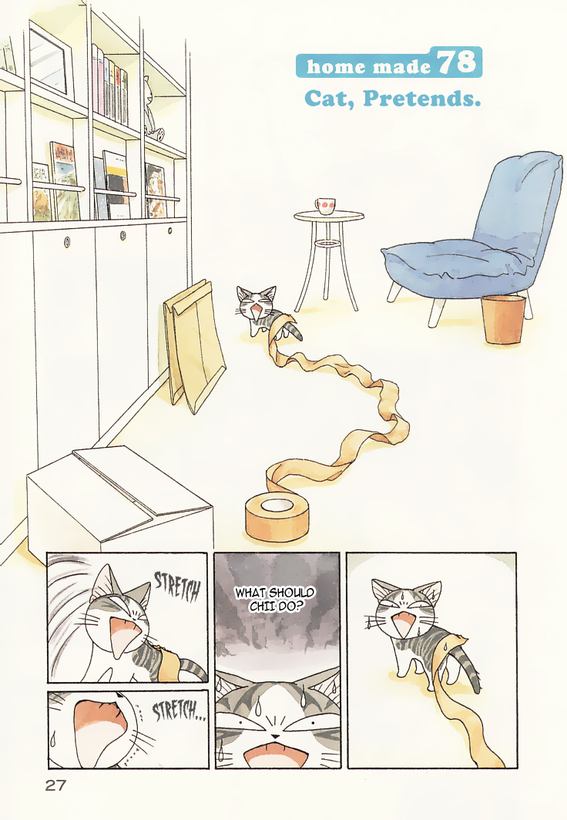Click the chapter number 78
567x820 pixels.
tap(460, 62)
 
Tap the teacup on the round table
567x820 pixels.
tap(324, 206)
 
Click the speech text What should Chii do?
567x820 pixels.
tap(275, 599)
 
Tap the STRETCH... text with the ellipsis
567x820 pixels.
tap(178, 710)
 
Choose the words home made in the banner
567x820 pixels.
tap(368, 66)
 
